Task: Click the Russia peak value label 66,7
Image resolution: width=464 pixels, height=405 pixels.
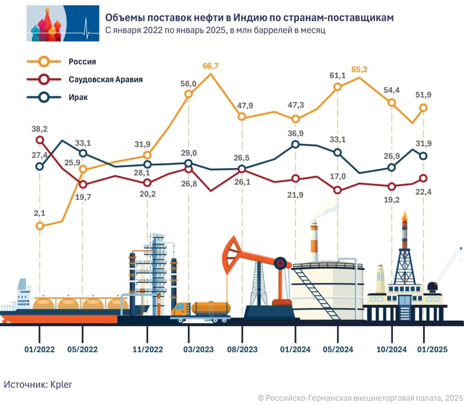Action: click(x=210, y=66)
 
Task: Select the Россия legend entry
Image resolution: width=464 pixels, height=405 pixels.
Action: click(x=82, y=62)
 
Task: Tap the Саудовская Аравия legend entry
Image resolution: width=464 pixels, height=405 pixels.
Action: click(x=106, y=79)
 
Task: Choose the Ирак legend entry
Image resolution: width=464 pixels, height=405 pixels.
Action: click(x=78, y=97)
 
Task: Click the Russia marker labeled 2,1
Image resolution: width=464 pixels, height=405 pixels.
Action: click(x=40, y=225)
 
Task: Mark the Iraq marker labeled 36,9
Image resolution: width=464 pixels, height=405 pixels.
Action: click(x=295, y=144)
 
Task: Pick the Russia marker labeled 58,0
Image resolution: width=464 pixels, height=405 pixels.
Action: click(x=188, y=94)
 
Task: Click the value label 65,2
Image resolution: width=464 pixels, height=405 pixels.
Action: click(x=359, y=70)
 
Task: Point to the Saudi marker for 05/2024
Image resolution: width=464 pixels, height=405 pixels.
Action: click(x=338, y=190)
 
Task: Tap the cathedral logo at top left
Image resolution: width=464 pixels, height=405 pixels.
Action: click(x=63, y=24)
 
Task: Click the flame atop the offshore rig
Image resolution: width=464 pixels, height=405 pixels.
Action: click(x=404, y=216)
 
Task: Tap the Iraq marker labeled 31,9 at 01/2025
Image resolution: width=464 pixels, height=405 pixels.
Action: click(x=423, y=156)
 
